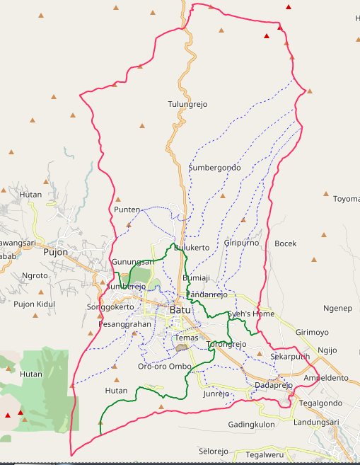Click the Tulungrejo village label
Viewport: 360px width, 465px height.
click(x=187, y=104)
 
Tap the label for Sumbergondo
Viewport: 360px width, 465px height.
click(x=214, y=168)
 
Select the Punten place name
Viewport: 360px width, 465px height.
click(x=127, y=209)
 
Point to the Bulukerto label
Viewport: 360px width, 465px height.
click(x=192, y=248)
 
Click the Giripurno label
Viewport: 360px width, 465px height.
click(x=241, y=243)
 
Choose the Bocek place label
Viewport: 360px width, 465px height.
click(x=285, y=243)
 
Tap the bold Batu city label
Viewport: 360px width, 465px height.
click(x=180, y=309)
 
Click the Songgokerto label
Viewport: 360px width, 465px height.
click(x=110, y=307)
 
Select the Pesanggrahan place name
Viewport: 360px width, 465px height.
click(x=126, y=323)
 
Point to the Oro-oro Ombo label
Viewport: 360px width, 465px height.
click(x=165, y=366)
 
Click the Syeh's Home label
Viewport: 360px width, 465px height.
click(x=251, y=314)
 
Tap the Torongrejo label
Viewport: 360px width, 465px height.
click(x=226, y=344)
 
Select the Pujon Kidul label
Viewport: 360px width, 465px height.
click(x=34, y=304)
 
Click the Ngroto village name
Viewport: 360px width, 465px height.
click(x=35, y=276)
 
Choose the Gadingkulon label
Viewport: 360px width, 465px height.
click(x=251, y=424)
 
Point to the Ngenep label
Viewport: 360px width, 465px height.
click(x=337, y=309)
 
